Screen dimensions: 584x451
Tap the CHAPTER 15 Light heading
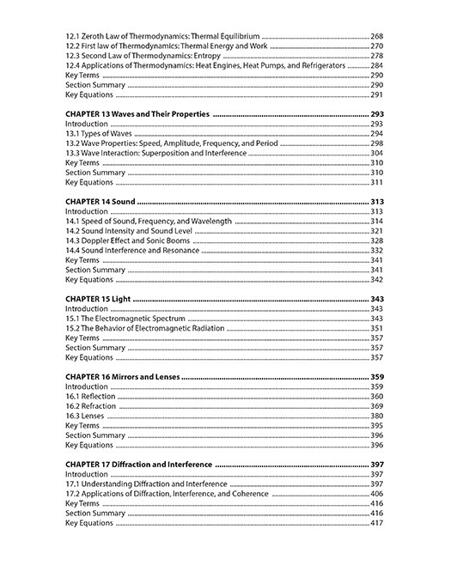pos(98,299)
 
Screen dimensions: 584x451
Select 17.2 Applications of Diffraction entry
pos(167,494)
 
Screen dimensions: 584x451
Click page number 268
pos(376,36)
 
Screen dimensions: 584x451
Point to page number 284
pos(376,65)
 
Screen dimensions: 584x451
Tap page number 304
pos(376,153)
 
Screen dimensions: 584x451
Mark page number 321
pos(376,231)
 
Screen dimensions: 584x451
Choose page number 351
pos(376,328)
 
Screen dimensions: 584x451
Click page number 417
pos(376,523)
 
